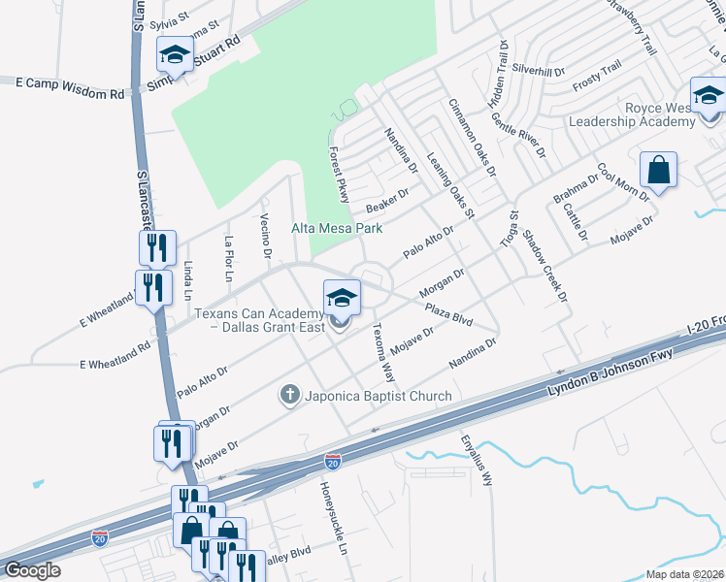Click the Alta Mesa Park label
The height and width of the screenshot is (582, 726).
point(338,229)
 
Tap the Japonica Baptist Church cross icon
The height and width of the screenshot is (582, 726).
point(288,395)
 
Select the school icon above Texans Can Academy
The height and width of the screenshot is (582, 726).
point(342,297)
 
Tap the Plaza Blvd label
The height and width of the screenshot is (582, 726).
point(448,315)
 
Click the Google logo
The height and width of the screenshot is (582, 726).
point(32,571)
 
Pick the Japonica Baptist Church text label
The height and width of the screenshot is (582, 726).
point(379,396)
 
